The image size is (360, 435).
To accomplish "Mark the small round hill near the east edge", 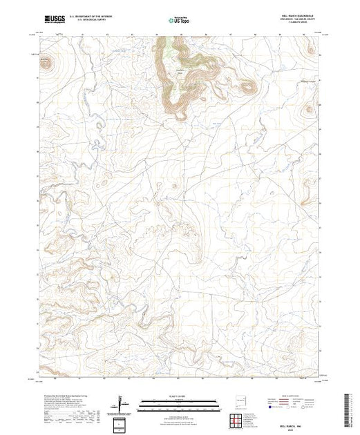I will click(x=308, y=109).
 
